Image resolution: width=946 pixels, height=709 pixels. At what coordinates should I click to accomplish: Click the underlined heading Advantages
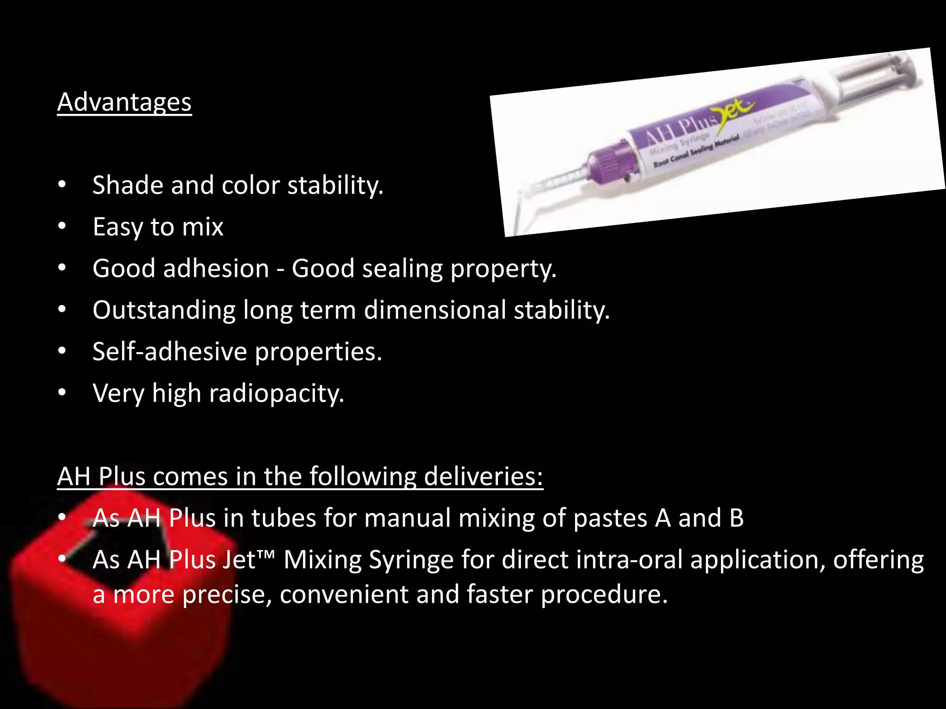[124, 102]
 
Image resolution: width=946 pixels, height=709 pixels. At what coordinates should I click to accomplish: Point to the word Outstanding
[164, 310]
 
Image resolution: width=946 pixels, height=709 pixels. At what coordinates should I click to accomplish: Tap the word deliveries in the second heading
[483, 476]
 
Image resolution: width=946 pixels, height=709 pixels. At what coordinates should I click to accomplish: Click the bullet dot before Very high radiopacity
[62, 393]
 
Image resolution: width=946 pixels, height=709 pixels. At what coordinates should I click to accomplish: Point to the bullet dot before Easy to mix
[62, 226]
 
